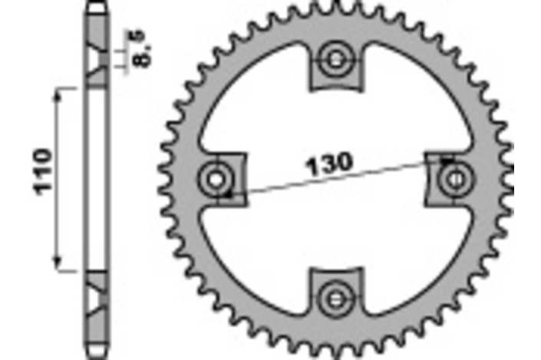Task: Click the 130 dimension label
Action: (x=330, y=163)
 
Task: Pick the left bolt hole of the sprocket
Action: (x=216, y=178)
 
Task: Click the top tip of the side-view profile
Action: (x=94, y=6)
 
